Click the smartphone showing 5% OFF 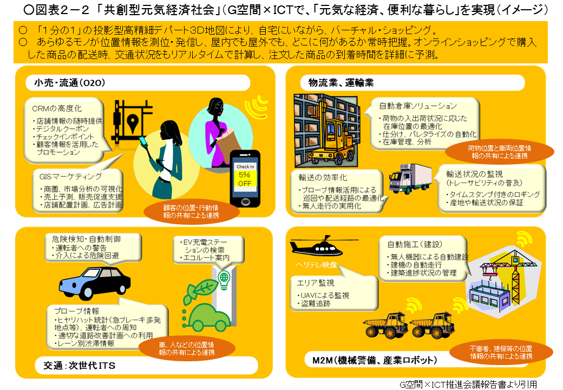coord(245,179)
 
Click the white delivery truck coord(410,179)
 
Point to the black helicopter coord(316,245)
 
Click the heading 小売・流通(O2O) coord(70,83)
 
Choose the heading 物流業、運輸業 coord(341,83)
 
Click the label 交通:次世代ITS coord(80,366)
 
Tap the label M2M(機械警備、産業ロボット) coord(375,360)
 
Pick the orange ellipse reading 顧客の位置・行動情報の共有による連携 coord(191,211)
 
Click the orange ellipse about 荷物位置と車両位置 coord(500,152)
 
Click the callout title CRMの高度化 coord(57,108)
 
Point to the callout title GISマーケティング coord(70,177)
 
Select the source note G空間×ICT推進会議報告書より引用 coord(468,385)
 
